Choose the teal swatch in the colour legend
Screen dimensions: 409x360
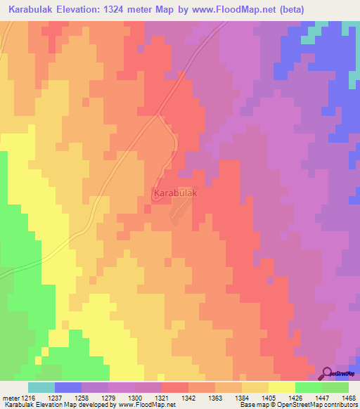click(41, 387)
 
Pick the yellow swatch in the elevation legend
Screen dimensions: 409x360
click(281, 387)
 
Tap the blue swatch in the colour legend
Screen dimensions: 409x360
click(68, 387)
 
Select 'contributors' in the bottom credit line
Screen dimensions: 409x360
click(340, 405)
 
